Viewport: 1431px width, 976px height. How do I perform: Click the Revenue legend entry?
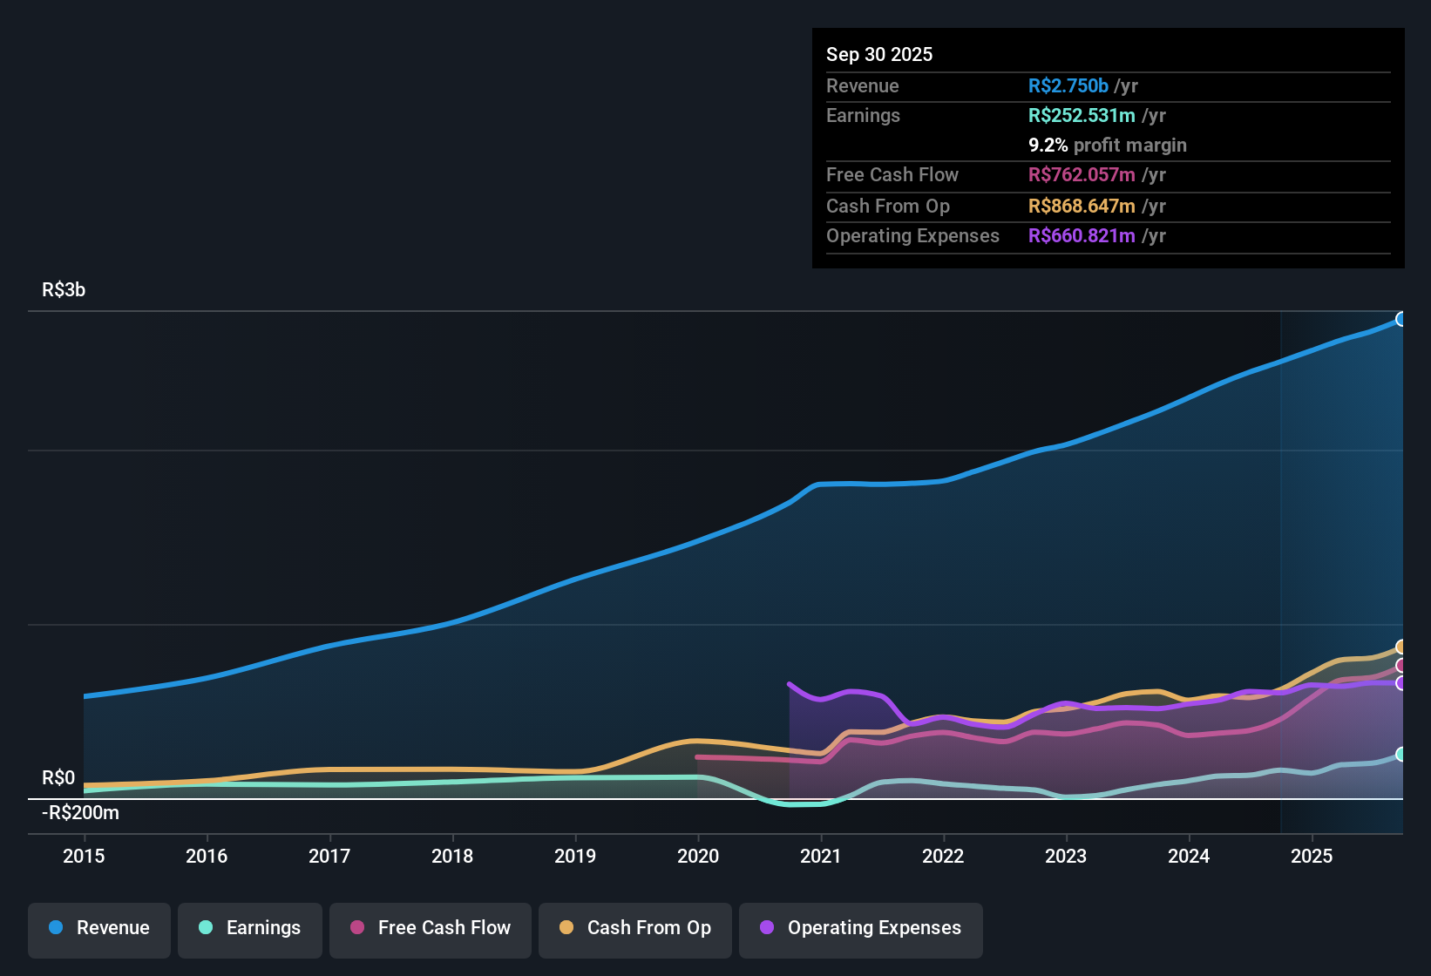point(99,928)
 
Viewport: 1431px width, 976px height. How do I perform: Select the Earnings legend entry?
point(250,928)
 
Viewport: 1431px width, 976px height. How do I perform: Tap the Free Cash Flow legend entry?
point(431,928)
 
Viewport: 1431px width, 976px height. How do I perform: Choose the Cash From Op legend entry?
point(635,928)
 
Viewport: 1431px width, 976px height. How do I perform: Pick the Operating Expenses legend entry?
point(861,928)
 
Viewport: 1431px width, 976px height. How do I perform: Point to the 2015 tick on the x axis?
point(84,856)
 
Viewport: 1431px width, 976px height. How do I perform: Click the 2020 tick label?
point(698,856)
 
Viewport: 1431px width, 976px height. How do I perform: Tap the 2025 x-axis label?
point(1312,856)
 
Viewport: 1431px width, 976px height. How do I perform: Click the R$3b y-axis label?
point(64,290)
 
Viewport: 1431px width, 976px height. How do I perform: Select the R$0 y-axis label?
point(58,777)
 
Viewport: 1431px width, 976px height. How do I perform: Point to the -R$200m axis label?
point(81,813)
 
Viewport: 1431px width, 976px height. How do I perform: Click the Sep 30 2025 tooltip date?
point(879,54)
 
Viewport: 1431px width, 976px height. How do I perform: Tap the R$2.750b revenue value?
point(1068,85)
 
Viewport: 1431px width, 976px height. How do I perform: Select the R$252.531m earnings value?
point(1082,116)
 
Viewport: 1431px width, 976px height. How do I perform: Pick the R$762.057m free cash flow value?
point(1082,175)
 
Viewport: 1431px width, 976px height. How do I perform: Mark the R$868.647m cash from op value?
point(1082,207)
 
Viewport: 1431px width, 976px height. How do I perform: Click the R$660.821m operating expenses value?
point(1082,236)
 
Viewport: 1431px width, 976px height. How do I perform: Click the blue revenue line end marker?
point(1400,319)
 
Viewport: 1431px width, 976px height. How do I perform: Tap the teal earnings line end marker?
point(1400,754)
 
